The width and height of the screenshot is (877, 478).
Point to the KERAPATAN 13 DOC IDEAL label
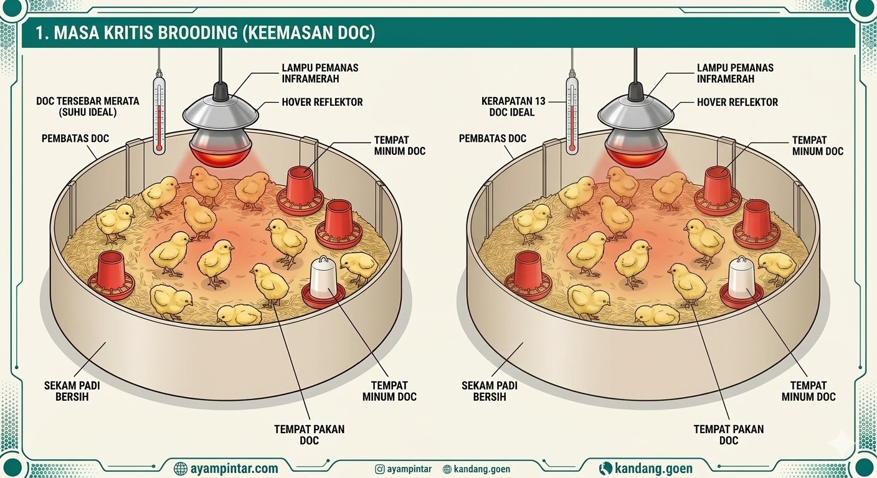509,106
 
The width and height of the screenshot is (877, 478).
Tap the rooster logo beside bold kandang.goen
605,468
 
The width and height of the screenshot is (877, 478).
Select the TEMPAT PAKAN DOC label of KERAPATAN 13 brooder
728,434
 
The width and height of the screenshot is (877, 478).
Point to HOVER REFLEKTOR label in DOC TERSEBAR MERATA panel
322,102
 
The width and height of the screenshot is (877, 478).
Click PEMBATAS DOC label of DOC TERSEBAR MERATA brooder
75,138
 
